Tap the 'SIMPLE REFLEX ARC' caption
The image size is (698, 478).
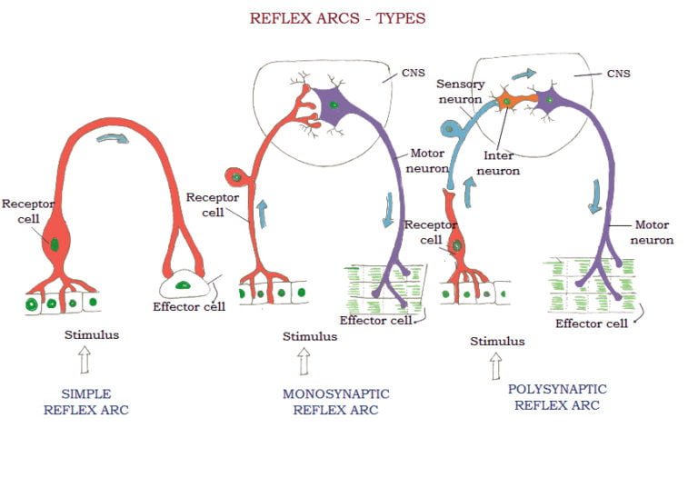pos(86,402)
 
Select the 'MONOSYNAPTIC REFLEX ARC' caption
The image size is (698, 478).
pos(335,402)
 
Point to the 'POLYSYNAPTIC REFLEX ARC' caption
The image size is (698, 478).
pos(557,397)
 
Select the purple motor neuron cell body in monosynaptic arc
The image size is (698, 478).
pos(334,105)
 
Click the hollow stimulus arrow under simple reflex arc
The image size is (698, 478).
pos(85,361)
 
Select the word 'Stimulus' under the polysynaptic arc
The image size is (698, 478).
pos(497,342)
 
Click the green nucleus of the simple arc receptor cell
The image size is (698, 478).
pos(55,243)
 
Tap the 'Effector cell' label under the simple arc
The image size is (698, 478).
pos(188,306)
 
